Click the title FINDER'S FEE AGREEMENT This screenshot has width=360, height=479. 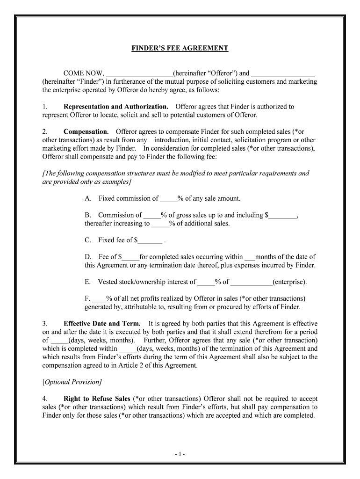[x=180, y=48]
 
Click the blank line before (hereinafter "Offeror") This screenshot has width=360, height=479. [x=139, y=73]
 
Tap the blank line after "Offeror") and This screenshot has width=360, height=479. [x=283, y=73]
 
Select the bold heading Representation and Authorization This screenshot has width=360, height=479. [x=116, y=107]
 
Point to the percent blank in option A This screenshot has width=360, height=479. [x=167, y=199]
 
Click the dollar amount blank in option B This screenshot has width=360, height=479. [x=283, y=216]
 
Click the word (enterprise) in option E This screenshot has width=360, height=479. [x=290, y=282]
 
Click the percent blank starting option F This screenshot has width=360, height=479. [x=100, y=298]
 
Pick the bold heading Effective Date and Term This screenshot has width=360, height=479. [x=102, y=324]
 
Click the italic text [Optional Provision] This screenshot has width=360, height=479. [x=72, y=382]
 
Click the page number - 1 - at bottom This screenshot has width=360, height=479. [x=180, y=454]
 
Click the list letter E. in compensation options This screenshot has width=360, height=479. [x=87, y=282]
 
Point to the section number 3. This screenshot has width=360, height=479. [x=45, y=324]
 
